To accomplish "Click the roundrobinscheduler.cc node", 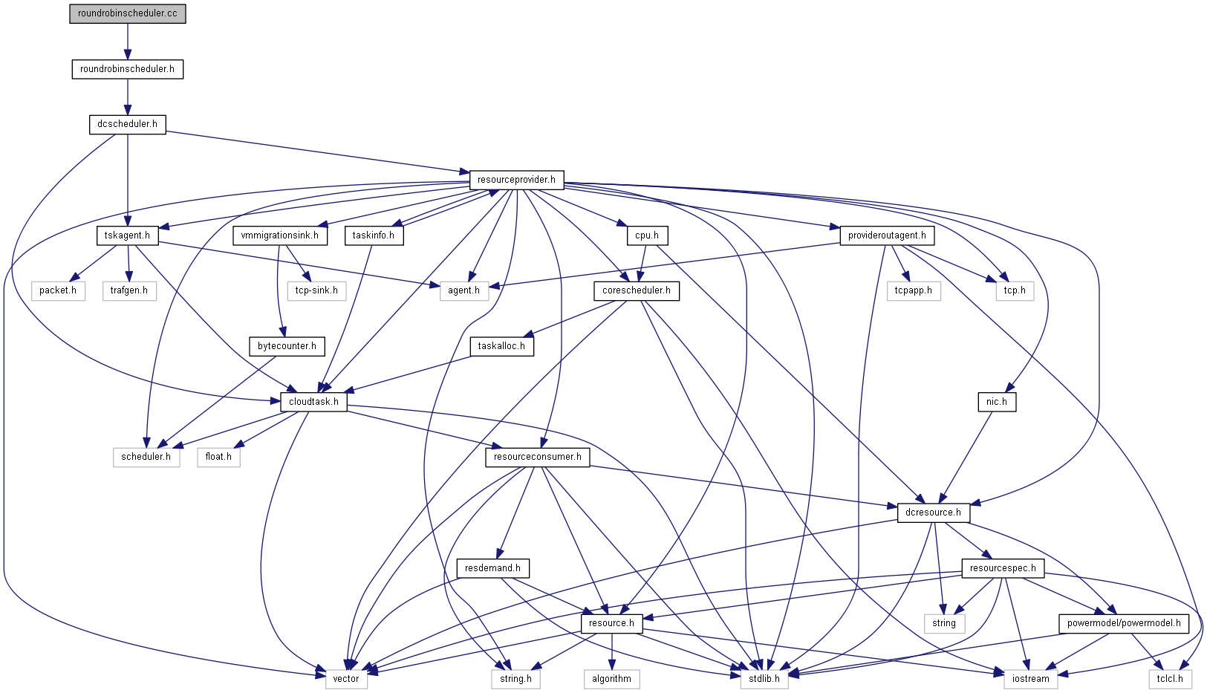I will (x=127, y=13).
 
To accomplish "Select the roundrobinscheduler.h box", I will (x=127, y=69).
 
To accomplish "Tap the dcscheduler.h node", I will (x=127, y=124).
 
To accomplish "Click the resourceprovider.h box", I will (x=516, y=180).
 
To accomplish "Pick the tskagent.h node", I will (x=127, y=235).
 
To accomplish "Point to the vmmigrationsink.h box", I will (x=279, y=235).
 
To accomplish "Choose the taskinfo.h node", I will (x=374, y=235).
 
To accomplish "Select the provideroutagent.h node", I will (x=887, y=235).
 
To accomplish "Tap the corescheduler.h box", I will (x=637, y=290).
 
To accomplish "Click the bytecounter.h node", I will (x=287, y=346).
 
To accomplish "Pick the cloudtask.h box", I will (x=313, y=402).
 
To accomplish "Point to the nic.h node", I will (x=997, y=402).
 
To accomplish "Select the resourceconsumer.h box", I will (x=537, y=457).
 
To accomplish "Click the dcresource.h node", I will (x=934, y=513).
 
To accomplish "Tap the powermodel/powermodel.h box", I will (x=1124, y=623).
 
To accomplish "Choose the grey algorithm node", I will (x=611, y=679).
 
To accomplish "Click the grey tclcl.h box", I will (x=1170, y=679).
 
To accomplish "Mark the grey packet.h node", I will (x=58, y=290).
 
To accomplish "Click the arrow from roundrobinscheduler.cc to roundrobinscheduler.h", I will (x=127, y=42).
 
